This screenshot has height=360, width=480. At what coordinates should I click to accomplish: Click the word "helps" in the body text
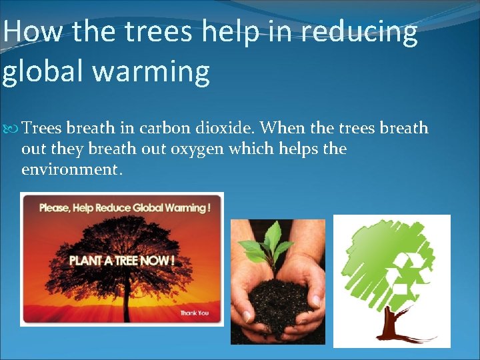[292, 149]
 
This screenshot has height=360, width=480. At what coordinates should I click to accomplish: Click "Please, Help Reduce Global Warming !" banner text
[125, 207]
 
